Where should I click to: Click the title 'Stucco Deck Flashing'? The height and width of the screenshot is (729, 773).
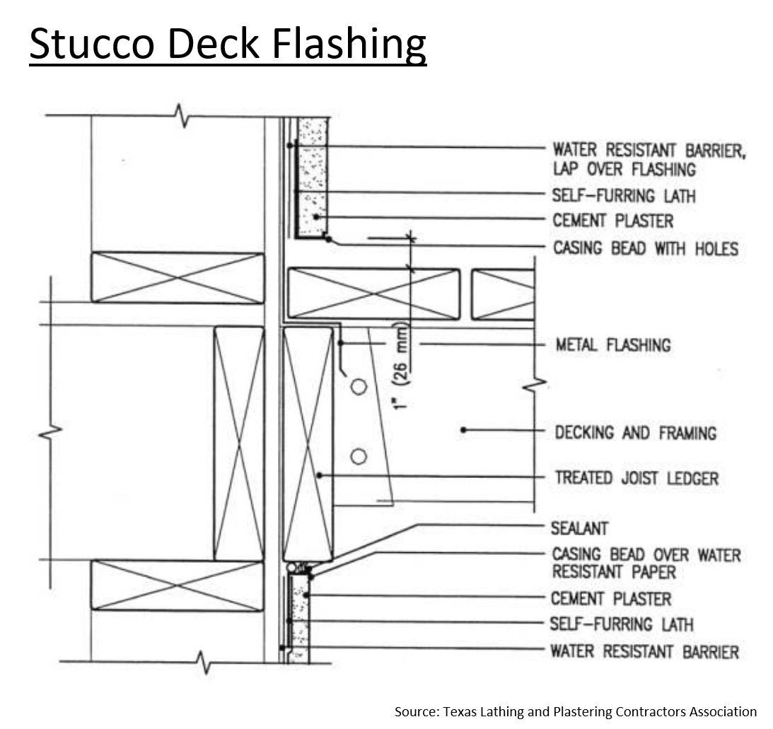(x=228, y=44)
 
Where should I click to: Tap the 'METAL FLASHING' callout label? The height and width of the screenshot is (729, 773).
(x=613, y=344)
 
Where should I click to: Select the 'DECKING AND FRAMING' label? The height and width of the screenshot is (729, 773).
(x=636, y=433)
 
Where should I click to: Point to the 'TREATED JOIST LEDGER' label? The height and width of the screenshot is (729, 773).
(x=637, y=477)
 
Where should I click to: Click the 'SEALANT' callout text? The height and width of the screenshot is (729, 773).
(x=579, y=528)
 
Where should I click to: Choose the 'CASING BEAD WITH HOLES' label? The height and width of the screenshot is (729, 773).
(x=645, y=248)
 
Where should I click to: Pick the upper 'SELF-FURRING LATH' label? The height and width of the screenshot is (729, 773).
(x=624, y=196)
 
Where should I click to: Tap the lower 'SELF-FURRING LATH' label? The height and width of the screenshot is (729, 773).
(x=622, y=624)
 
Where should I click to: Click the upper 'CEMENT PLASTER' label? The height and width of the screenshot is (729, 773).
(x=612, y=221)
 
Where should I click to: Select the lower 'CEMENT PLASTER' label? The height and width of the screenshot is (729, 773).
(x=611, y=599)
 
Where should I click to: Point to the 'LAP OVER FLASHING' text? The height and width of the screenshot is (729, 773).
(x=624, y=169)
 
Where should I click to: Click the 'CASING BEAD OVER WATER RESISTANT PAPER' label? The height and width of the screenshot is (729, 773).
(x=646, y=563)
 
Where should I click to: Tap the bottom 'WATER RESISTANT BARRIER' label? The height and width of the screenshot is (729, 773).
(x=645, y=652)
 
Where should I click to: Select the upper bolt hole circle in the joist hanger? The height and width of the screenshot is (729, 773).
(x=359, y=387)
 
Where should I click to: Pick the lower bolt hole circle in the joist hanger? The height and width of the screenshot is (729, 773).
(x=359, y=457)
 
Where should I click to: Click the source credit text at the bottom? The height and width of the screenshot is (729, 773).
(x=575, y=712)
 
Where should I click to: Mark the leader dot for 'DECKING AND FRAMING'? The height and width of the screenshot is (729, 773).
(x=463, y=430)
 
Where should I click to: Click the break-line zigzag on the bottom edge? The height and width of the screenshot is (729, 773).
(x=204, y=663)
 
